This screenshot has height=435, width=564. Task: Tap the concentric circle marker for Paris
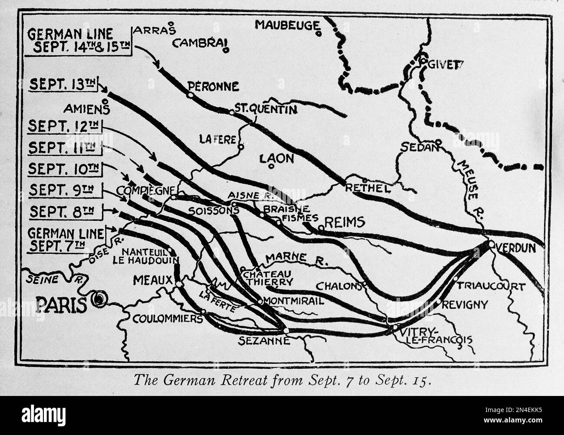point(101,298)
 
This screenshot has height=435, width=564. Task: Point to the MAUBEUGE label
point(287,25)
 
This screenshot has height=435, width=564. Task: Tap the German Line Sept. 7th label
point(66,239)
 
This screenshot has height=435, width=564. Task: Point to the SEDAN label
point(417,147)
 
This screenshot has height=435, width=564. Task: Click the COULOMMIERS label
point(167,319)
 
